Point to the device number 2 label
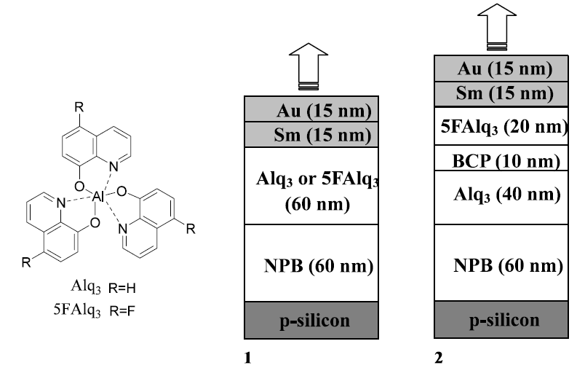[x=439, y=358]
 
